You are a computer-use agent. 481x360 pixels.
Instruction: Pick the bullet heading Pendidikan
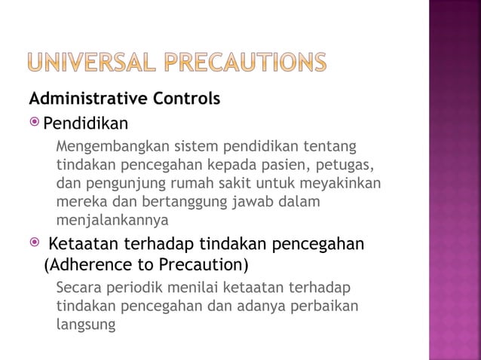coord(85,123)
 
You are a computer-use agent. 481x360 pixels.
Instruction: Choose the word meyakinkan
coord(344,183)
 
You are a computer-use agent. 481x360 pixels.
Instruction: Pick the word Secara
coord(78,288)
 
